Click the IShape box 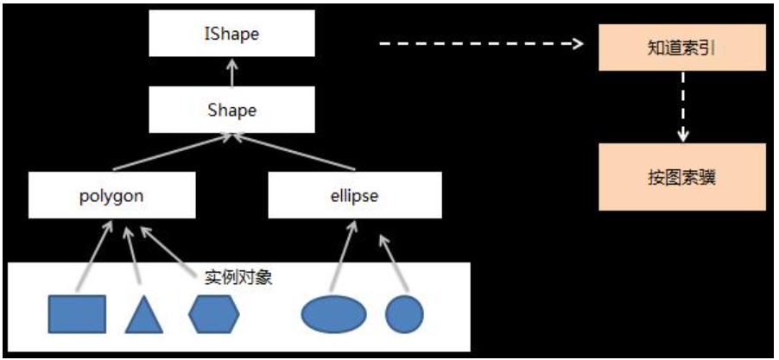231,35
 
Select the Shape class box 231,110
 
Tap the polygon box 111,195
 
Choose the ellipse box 353,195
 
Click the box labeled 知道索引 682,49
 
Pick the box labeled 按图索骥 682,178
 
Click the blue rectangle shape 77,313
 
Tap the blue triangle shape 143,315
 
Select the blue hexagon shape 213,313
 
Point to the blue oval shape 333,313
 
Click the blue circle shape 404,313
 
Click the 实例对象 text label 238,278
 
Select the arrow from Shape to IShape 231,73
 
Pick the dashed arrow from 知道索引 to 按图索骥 682,106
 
